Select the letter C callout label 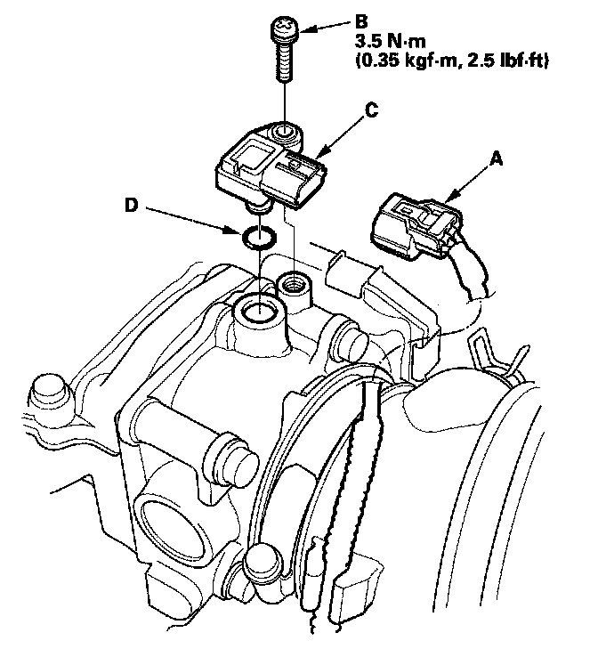(x=373, y=111)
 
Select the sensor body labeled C (x=267, y=169)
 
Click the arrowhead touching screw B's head (x=300, y=30)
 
